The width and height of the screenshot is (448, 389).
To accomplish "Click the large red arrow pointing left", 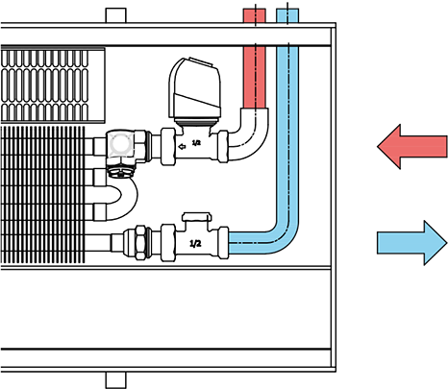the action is click(411, 146).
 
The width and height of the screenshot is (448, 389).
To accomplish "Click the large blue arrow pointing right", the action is click(411, 243).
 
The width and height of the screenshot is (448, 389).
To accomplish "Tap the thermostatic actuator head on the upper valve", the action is click(194, 90).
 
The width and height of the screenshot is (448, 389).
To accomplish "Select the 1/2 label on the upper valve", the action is click(196, 143).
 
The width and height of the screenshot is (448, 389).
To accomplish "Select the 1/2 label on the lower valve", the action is click(195, 244).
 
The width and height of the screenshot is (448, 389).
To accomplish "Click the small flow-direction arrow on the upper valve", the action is click(182, 147).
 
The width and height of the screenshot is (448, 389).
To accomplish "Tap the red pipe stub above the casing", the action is click(255, 15).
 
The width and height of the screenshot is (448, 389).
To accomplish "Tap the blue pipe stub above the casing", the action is click(287, 15).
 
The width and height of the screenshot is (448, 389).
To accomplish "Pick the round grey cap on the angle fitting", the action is click(120, 144).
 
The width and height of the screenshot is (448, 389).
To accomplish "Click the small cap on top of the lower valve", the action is click(196, 217).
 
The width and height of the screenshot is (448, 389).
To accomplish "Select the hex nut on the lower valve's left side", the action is click(140, 243).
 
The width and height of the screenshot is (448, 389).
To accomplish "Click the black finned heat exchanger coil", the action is click(42, 195).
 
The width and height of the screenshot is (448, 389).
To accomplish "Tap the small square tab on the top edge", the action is click(115, 15).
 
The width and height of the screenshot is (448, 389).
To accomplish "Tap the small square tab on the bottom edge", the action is click(115, 380).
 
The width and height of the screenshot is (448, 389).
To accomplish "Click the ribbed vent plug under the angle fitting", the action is click(119, 172).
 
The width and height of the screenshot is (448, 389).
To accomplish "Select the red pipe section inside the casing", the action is click(255, 77).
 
